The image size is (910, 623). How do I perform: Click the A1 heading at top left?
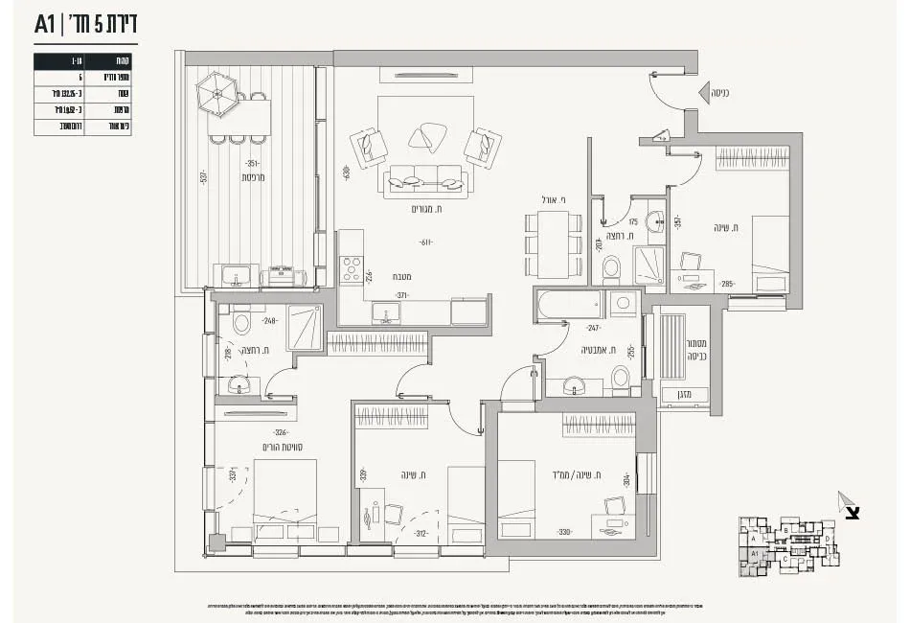point(45,24)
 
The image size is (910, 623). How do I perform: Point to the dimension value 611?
point(422,242)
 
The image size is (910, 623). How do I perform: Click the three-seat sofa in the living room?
point(425,178)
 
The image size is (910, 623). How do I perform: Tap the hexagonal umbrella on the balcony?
point(216,94)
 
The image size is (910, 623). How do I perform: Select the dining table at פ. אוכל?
point(554,244)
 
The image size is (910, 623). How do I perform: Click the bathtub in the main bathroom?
point(570,305)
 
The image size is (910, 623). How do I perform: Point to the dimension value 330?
point(565,533)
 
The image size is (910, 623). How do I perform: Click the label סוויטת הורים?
point(284,448)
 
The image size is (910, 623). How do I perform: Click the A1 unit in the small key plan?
point(756,554)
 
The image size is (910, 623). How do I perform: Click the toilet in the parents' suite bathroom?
point(241,323)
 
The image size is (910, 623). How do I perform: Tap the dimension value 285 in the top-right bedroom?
point(726,284)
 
